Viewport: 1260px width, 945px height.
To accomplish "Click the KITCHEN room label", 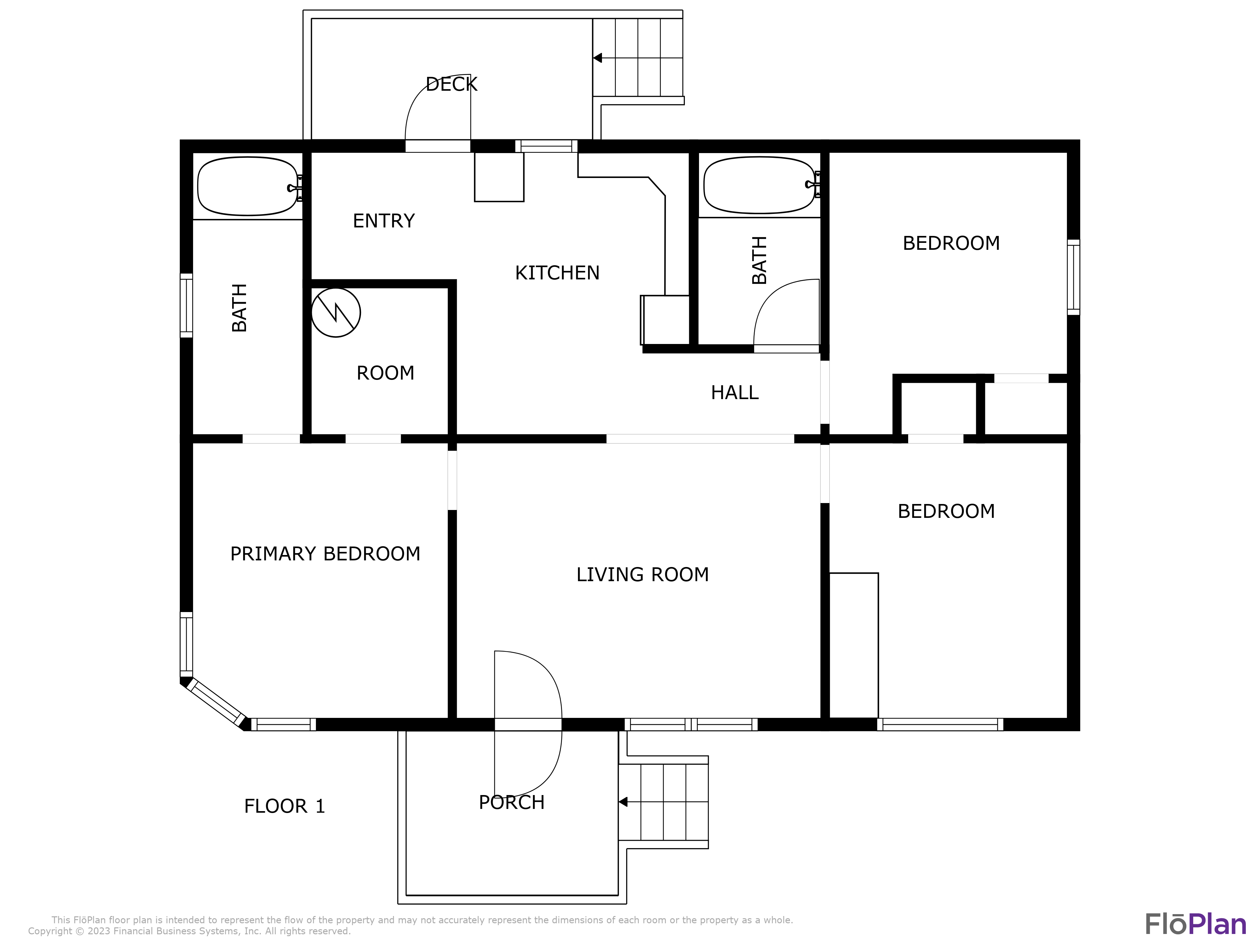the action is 557,273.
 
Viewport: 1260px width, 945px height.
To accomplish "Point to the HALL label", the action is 735,392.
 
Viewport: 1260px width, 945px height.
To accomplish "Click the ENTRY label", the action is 384,220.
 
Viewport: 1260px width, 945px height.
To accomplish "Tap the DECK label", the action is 451,84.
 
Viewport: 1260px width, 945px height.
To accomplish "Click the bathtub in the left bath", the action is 248,186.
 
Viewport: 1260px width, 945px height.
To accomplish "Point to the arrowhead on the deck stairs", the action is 598,58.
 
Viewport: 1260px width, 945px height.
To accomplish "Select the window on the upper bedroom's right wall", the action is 1073,278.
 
